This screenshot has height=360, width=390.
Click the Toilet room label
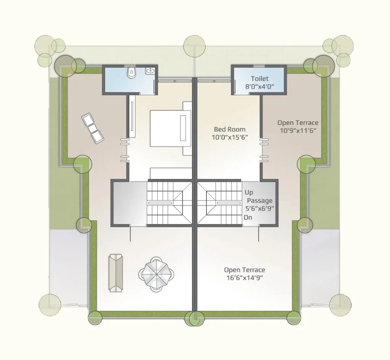coord(260,79)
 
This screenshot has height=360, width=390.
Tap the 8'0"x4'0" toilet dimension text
coord(260,87)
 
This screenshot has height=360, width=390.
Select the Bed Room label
coord(230,129)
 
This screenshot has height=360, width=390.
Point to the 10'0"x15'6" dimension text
coord(230,137)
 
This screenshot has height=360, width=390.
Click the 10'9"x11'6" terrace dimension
coord(298,131)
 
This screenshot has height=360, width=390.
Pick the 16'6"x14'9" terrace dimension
coord(245,278)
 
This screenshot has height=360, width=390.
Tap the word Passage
coord(260,201)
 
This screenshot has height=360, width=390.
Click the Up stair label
coord(249,193)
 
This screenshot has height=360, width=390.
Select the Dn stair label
coord(248,218)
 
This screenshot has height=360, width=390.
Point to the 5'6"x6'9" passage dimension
coord(260,209)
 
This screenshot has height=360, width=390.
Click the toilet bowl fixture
coord(131,72)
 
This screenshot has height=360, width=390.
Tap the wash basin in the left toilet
coord(150,70)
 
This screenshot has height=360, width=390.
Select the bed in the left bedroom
coord(171,128)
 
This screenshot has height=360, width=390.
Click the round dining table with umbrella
coord(157,274)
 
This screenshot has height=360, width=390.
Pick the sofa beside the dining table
coord(116,273)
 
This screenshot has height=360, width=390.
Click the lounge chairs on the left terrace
coord(93,128)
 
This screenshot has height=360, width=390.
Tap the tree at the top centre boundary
coord(195,46)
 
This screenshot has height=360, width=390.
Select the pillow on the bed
coord(183,128)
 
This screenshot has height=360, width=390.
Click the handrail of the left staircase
coord(160,203)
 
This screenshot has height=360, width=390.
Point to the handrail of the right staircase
coord(229,203)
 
